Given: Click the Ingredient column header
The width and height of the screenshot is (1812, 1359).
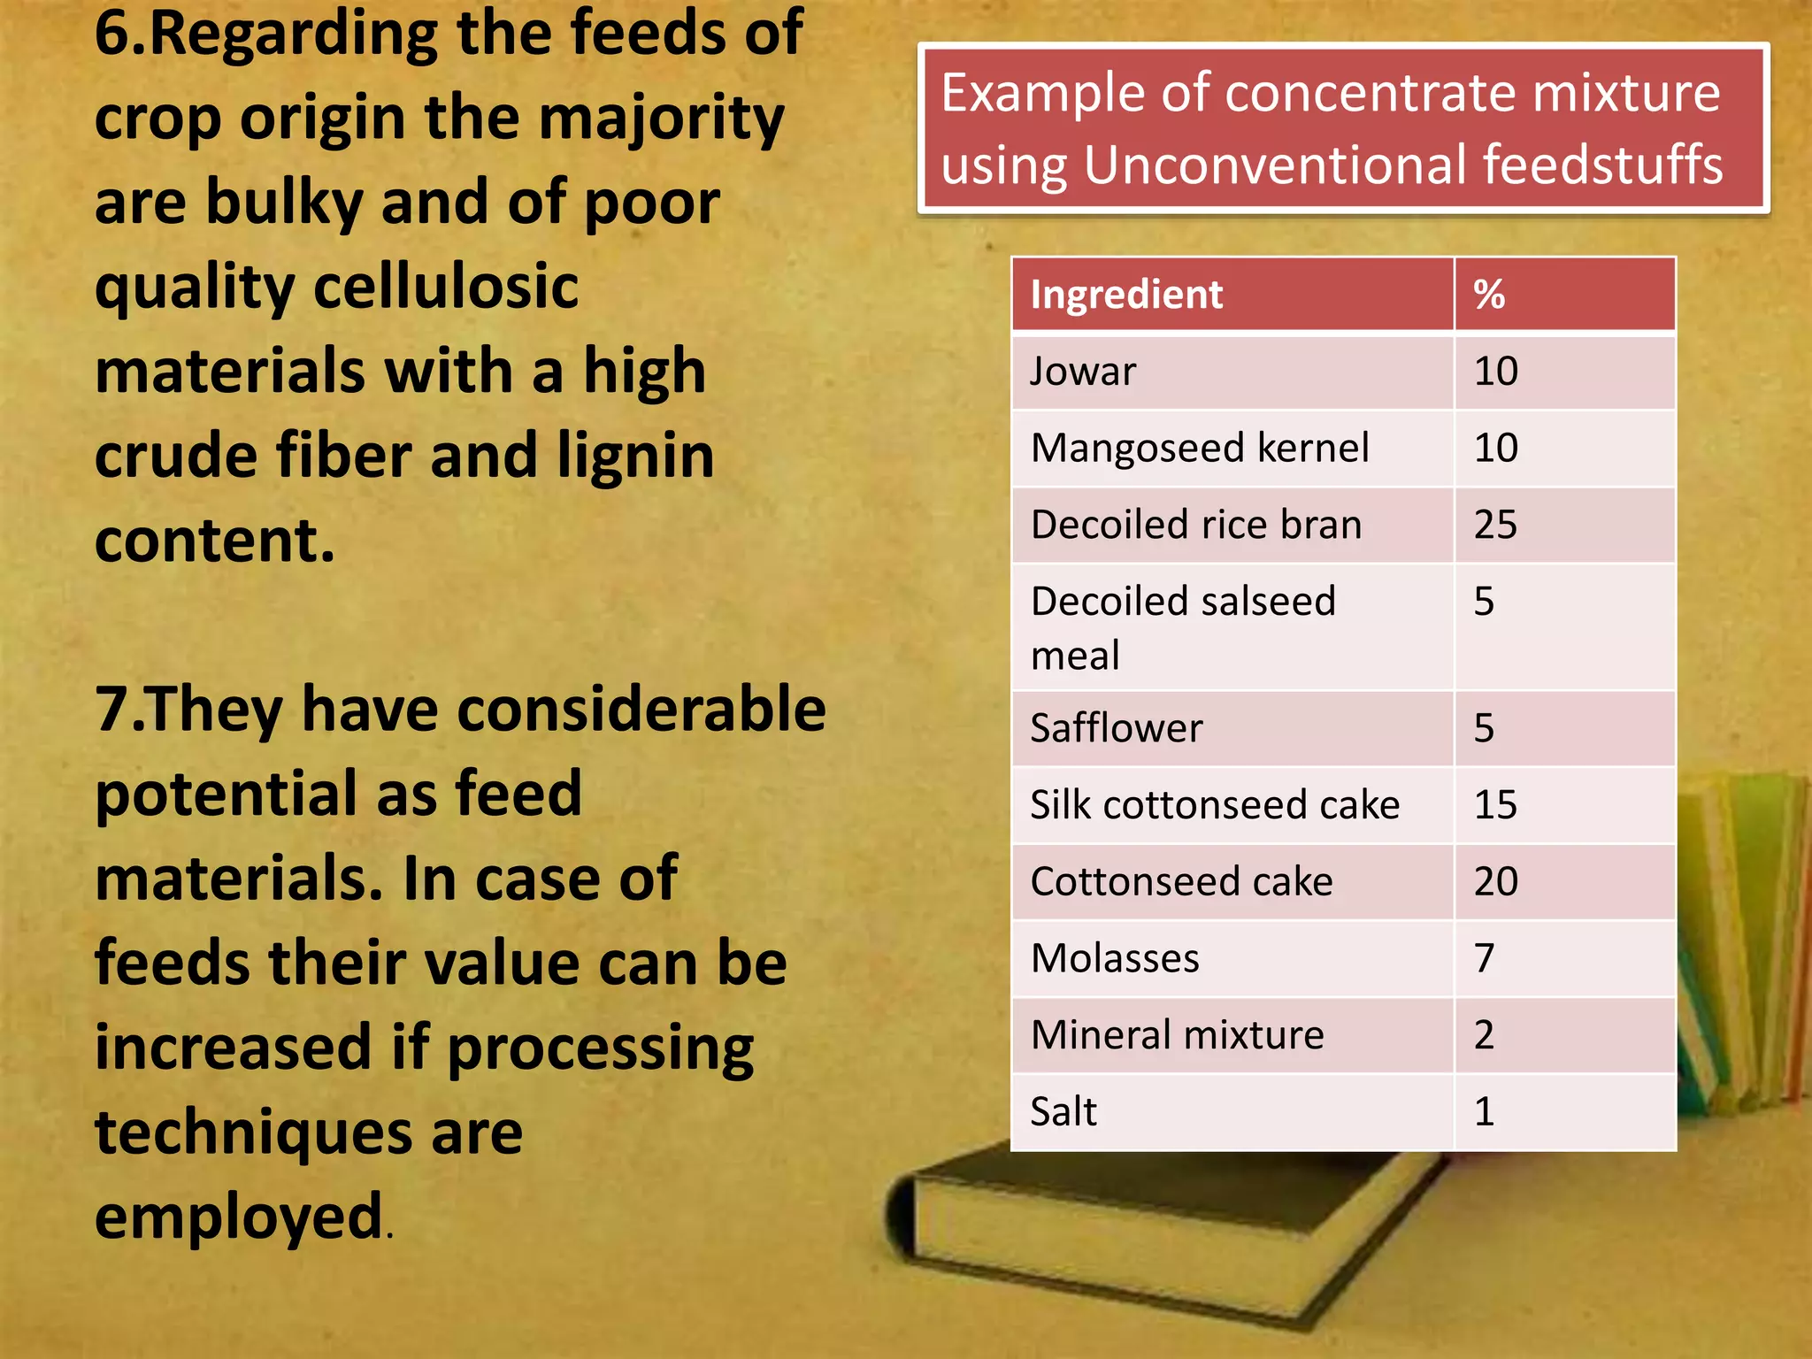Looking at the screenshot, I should point(1126,295).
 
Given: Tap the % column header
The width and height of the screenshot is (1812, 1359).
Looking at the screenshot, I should point(1489,295).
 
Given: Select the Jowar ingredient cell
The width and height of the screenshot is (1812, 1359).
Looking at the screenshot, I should point(1083,372).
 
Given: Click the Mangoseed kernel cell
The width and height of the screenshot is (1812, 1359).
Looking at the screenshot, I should point(1200,448).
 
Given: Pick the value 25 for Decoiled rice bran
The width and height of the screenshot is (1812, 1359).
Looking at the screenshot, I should point(1495,525).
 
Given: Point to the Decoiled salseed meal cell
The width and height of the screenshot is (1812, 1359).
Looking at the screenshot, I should point(1183,627).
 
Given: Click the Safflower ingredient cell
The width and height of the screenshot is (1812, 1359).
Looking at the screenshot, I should point(1117,728).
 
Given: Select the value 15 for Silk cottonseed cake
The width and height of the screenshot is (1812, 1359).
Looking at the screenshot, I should point(1495,805).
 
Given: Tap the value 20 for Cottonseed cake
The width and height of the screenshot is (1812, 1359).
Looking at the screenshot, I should point(1495,881).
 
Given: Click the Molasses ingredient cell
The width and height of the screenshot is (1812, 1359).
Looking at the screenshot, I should point(1115,958).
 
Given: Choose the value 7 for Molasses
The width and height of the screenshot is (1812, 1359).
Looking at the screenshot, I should point(1485,958).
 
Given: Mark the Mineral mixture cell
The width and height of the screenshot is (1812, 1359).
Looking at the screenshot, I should point(1178,1035).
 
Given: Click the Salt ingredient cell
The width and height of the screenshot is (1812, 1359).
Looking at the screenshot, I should point(1063,1111).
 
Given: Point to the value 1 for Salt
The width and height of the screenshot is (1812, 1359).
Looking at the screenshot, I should point(1485,1111).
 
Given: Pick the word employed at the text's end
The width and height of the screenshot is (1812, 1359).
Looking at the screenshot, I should point(239,1217).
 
